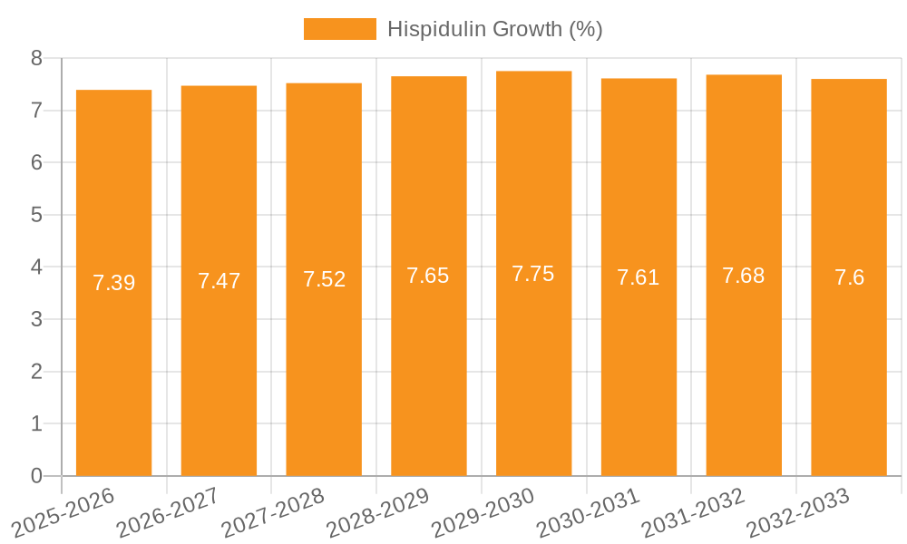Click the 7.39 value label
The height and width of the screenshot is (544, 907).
click(113, 283)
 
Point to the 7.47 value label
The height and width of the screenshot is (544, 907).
click(219, 281)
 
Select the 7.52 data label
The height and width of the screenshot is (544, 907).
click(324, 279)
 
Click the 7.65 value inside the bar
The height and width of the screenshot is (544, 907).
click(428, 276)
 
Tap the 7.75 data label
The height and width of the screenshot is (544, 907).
click(533, 274)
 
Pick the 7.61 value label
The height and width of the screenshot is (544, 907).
click(639, 277)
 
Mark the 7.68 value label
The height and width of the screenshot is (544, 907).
click(744, 276)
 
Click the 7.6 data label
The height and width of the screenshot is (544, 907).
click(849, 277)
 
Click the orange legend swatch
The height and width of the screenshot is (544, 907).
click(339, 29)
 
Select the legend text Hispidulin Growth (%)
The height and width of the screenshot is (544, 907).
click(494, 29)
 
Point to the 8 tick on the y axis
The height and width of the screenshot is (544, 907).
click(36, 58)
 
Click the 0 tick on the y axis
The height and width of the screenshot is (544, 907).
click(36, 476)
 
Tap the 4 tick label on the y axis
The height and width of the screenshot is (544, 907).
click(36, 267)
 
